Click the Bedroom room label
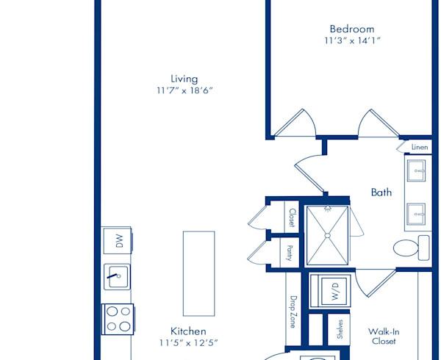click(352, 29)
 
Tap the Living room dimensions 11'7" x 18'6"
click(184, 90)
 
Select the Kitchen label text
click(188, 331)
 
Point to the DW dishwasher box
click(118, 241)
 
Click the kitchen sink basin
click(117, 277)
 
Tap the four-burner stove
click(118, 320)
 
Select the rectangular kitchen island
click(199, 274)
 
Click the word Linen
click(420, 147)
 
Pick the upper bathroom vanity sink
click(416, 170)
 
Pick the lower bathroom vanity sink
click(416, 215)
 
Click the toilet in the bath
click(411, 248)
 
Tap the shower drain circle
click(327, 236)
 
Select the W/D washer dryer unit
click(330, 291)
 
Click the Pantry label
click(290, 253)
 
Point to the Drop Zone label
click(293, 312)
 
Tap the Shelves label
click(340, 329)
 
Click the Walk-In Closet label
click(384, 336)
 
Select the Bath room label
click(381, 192)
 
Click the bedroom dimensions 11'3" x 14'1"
click(352, 40)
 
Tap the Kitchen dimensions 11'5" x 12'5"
click(188, 343)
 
